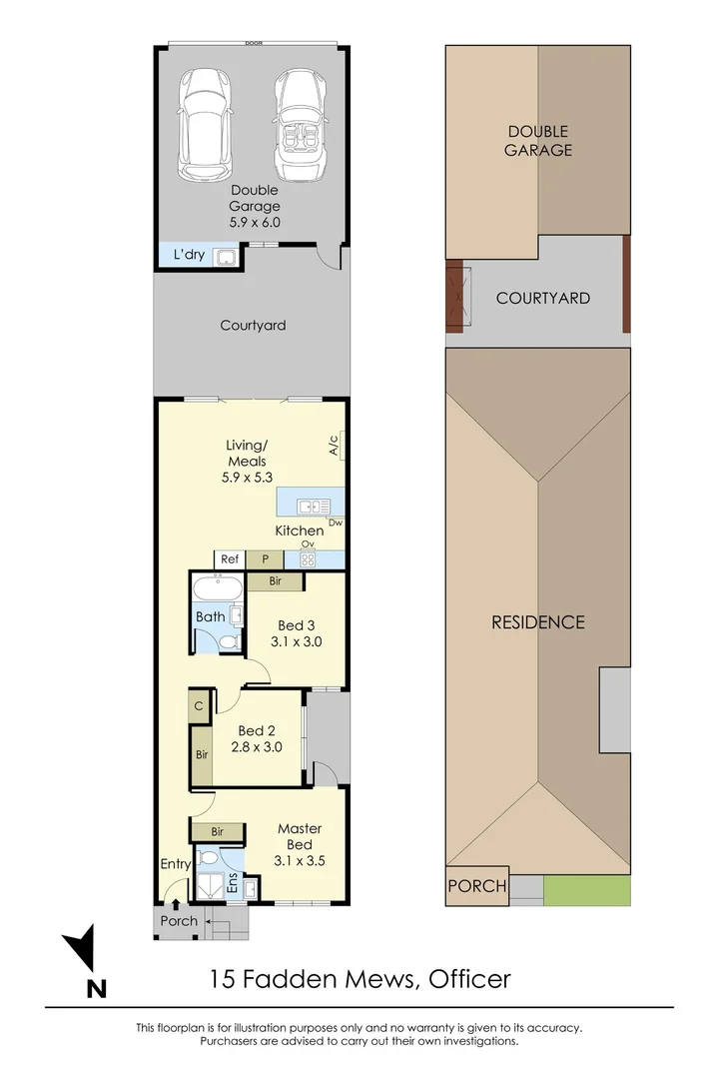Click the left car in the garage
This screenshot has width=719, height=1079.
click(x=206, y=125)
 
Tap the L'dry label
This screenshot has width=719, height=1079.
click(x=189, y=256)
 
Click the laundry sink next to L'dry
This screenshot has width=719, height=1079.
click(x=229, y=258)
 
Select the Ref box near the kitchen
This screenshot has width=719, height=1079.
click(x=230, y=560)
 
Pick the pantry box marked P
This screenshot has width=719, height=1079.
click(x=267, y=560)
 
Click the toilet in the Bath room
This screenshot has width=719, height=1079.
click(x=228, y=640)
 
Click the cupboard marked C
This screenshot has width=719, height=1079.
click(x=200, y=704)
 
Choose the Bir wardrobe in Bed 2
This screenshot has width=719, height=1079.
click(x=202, y=754)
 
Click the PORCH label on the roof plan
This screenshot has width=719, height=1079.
click(x=476, y=886)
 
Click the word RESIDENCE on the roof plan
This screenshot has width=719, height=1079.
click(x=537, y=622)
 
